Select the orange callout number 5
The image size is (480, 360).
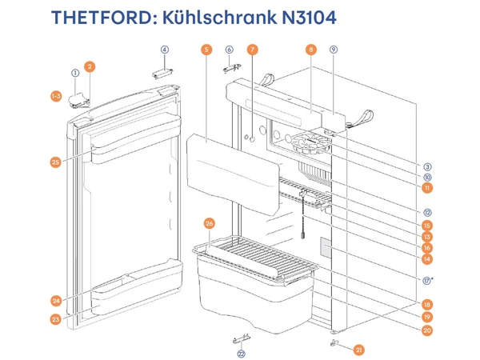click(x=206, y=50)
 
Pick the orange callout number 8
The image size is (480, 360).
click(x=310, y=50)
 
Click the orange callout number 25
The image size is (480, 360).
click(x=55, y=162)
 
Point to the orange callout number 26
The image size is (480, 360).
click(x=210, y=222)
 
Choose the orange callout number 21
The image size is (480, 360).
click(x=358, y=349)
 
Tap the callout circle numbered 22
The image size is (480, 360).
click(x=240, y=353)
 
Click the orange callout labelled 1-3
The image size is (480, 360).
click(x=55, y=96)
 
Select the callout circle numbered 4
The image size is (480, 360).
click(x=165, y=50)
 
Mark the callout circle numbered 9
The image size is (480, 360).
click(x=333, y=50)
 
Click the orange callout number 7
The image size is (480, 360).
click(x=252, y=50)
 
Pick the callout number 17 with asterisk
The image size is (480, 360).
click(x=428, y=280)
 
